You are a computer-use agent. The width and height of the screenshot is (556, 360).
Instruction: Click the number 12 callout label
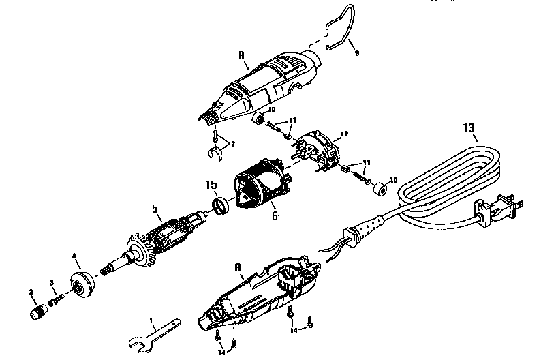pos(345,134)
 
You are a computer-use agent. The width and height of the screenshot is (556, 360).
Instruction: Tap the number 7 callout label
pos(234,144)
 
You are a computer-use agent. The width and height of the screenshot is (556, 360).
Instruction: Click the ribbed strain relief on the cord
pos(368,228)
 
